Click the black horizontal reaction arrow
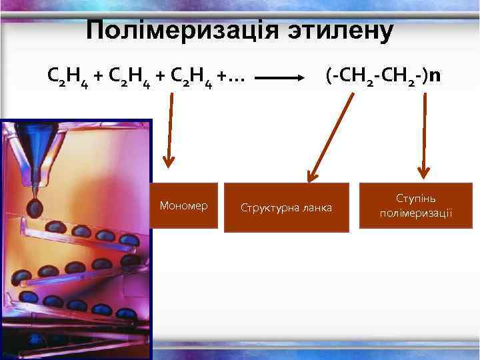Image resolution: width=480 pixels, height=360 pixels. pyautogui.click(x=280, y=77)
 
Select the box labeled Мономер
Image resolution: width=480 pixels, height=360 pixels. pyautogui.click(x=183, y=205)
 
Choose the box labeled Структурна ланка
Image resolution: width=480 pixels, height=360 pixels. pyautogui.click(x=286, y=207)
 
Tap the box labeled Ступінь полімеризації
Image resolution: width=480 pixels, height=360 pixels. pyautogui.click(x=415, y=205)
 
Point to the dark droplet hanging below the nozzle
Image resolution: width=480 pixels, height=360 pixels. pyautogui.click(x=34, y=208)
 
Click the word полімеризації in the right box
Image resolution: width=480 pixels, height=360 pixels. pyautogui.click(x=415, y=213)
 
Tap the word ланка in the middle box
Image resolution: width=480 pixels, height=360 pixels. pyautogui.click(x=316, y=208)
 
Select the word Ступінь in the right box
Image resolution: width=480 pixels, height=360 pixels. pyautogui.click(x=416, y=199)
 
